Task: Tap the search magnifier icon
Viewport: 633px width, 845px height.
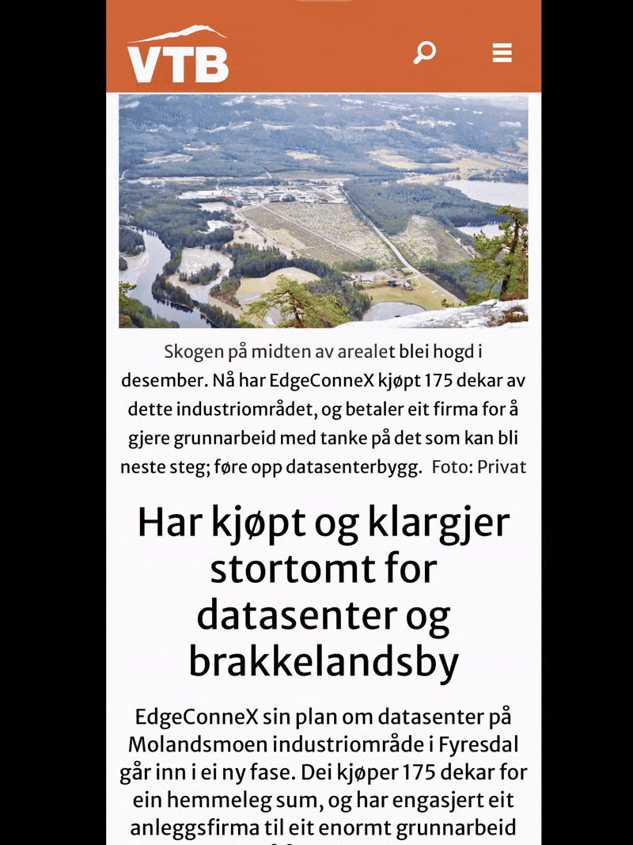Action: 425,53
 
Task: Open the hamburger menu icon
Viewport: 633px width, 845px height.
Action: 502,53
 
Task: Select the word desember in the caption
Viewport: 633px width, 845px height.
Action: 163,380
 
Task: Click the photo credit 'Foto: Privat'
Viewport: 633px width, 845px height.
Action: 479,467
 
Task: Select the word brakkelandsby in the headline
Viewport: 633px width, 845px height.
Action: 324,664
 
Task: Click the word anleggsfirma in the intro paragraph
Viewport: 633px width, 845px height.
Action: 207,828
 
